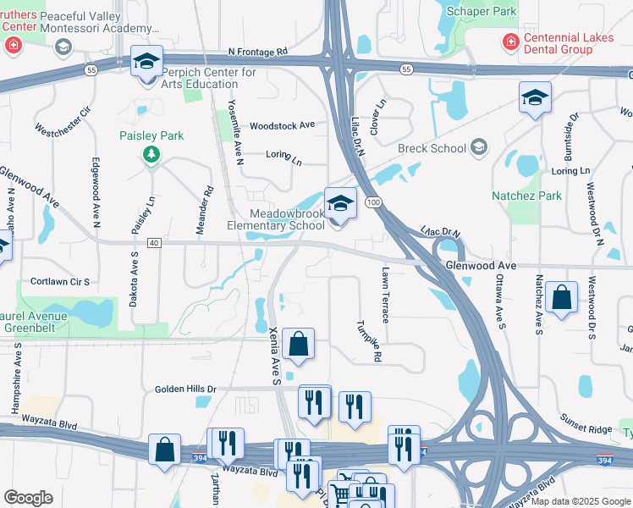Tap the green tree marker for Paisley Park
tap(151, 154)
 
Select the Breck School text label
tap(432, 149)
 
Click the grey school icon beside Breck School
tap(479, 148)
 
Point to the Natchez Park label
tap(526, 196)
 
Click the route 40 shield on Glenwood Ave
tap(153, 243)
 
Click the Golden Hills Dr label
tap(185, 389)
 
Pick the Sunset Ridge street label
tap(586, 423)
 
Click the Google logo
tap(28, 498)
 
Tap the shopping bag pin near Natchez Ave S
tap(561, 298)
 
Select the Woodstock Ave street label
tap(282, 125)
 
